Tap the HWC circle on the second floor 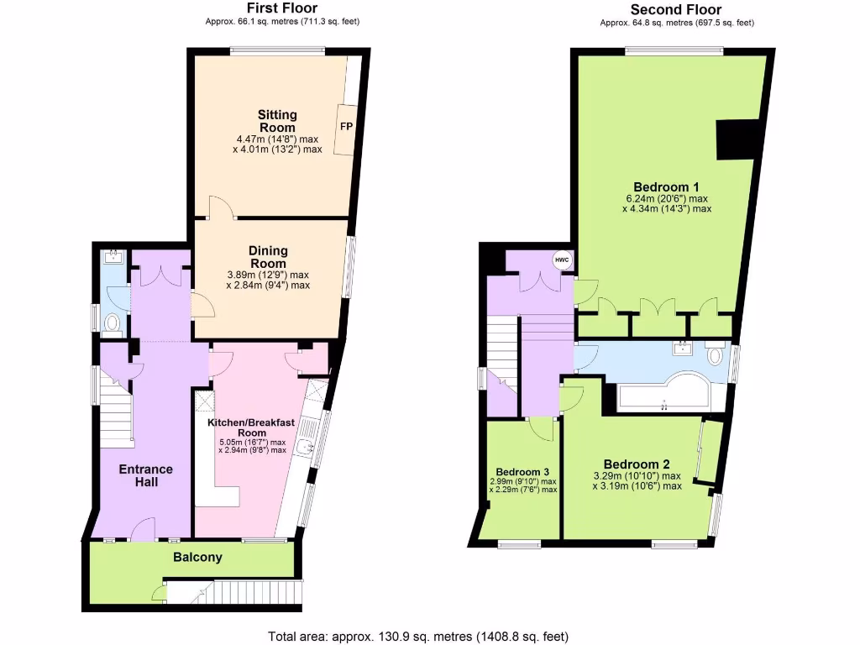561,260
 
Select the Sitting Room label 277,121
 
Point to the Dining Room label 268,257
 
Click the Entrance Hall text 145,475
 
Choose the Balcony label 197,557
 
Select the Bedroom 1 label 667,186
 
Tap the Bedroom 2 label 637,464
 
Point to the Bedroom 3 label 522,471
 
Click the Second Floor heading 676,10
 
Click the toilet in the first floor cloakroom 111,322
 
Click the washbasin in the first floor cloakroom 112,258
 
